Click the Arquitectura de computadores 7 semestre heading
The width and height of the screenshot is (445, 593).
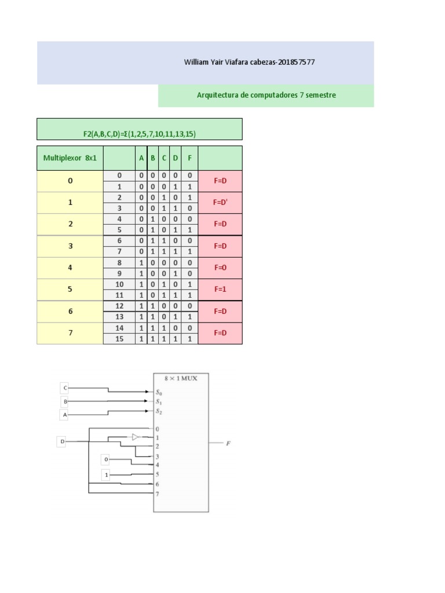266,95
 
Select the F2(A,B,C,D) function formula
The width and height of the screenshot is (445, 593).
139,134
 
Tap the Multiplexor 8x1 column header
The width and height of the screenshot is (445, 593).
70,158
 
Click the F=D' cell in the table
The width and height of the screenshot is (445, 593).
220,203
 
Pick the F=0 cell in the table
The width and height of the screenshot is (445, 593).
220,268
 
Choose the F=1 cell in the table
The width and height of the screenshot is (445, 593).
220,289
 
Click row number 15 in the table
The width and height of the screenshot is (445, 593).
120,339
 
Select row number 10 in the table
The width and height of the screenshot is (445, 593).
120,284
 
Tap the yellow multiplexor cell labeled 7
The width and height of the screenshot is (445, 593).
70,334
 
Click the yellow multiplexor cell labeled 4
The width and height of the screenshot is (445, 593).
70,268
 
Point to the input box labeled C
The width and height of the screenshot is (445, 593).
64,387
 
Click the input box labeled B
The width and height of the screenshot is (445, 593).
64,401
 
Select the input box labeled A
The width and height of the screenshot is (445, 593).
64,415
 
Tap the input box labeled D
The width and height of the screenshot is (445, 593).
61,442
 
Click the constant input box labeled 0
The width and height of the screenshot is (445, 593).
106,460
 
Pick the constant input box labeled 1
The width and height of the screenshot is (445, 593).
106,475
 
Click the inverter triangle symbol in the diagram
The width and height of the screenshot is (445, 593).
136,437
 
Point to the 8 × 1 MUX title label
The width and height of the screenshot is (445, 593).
181,379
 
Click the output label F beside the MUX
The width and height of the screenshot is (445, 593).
228,444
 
